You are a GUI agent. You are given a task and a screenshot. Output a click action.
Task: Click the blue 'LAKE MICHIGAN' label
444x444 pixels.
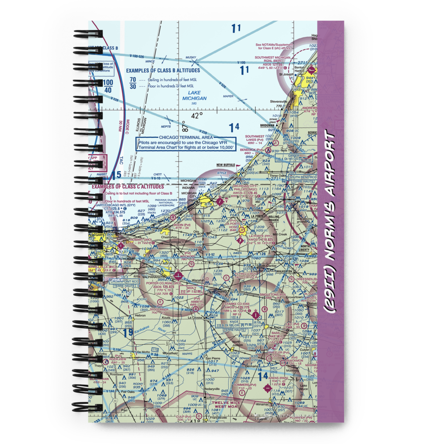coord(194,95)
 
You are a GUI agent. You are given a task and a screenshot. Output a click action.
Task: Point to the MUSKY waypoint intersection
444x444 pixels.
coord(197,61)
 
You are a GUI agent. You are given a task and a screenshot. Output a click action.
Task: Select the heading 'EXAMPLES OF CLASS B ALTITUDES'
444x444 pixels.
coord(163,70)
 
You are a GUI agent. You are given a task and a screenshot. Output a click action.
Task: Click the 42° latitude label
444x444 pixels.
coord(196,115)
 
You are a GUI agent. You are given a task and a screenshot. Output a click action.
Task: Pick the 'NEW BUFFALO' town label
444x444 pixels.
coord(226,165)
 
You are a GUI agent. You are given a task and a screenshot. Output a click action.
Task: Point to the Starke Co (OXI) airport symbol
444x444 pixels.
coord(256,314)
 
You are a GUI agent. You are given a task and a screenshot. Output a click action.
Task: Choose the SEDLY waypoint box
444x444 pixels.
coord(192,290)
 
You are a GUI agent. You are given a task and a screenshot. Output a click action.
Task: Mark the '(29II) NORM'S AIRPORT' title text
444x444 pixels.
coord(331,222)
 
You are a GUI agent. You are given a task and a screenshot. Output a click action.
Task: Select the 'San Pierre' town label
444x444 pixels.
coord(213,357)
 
